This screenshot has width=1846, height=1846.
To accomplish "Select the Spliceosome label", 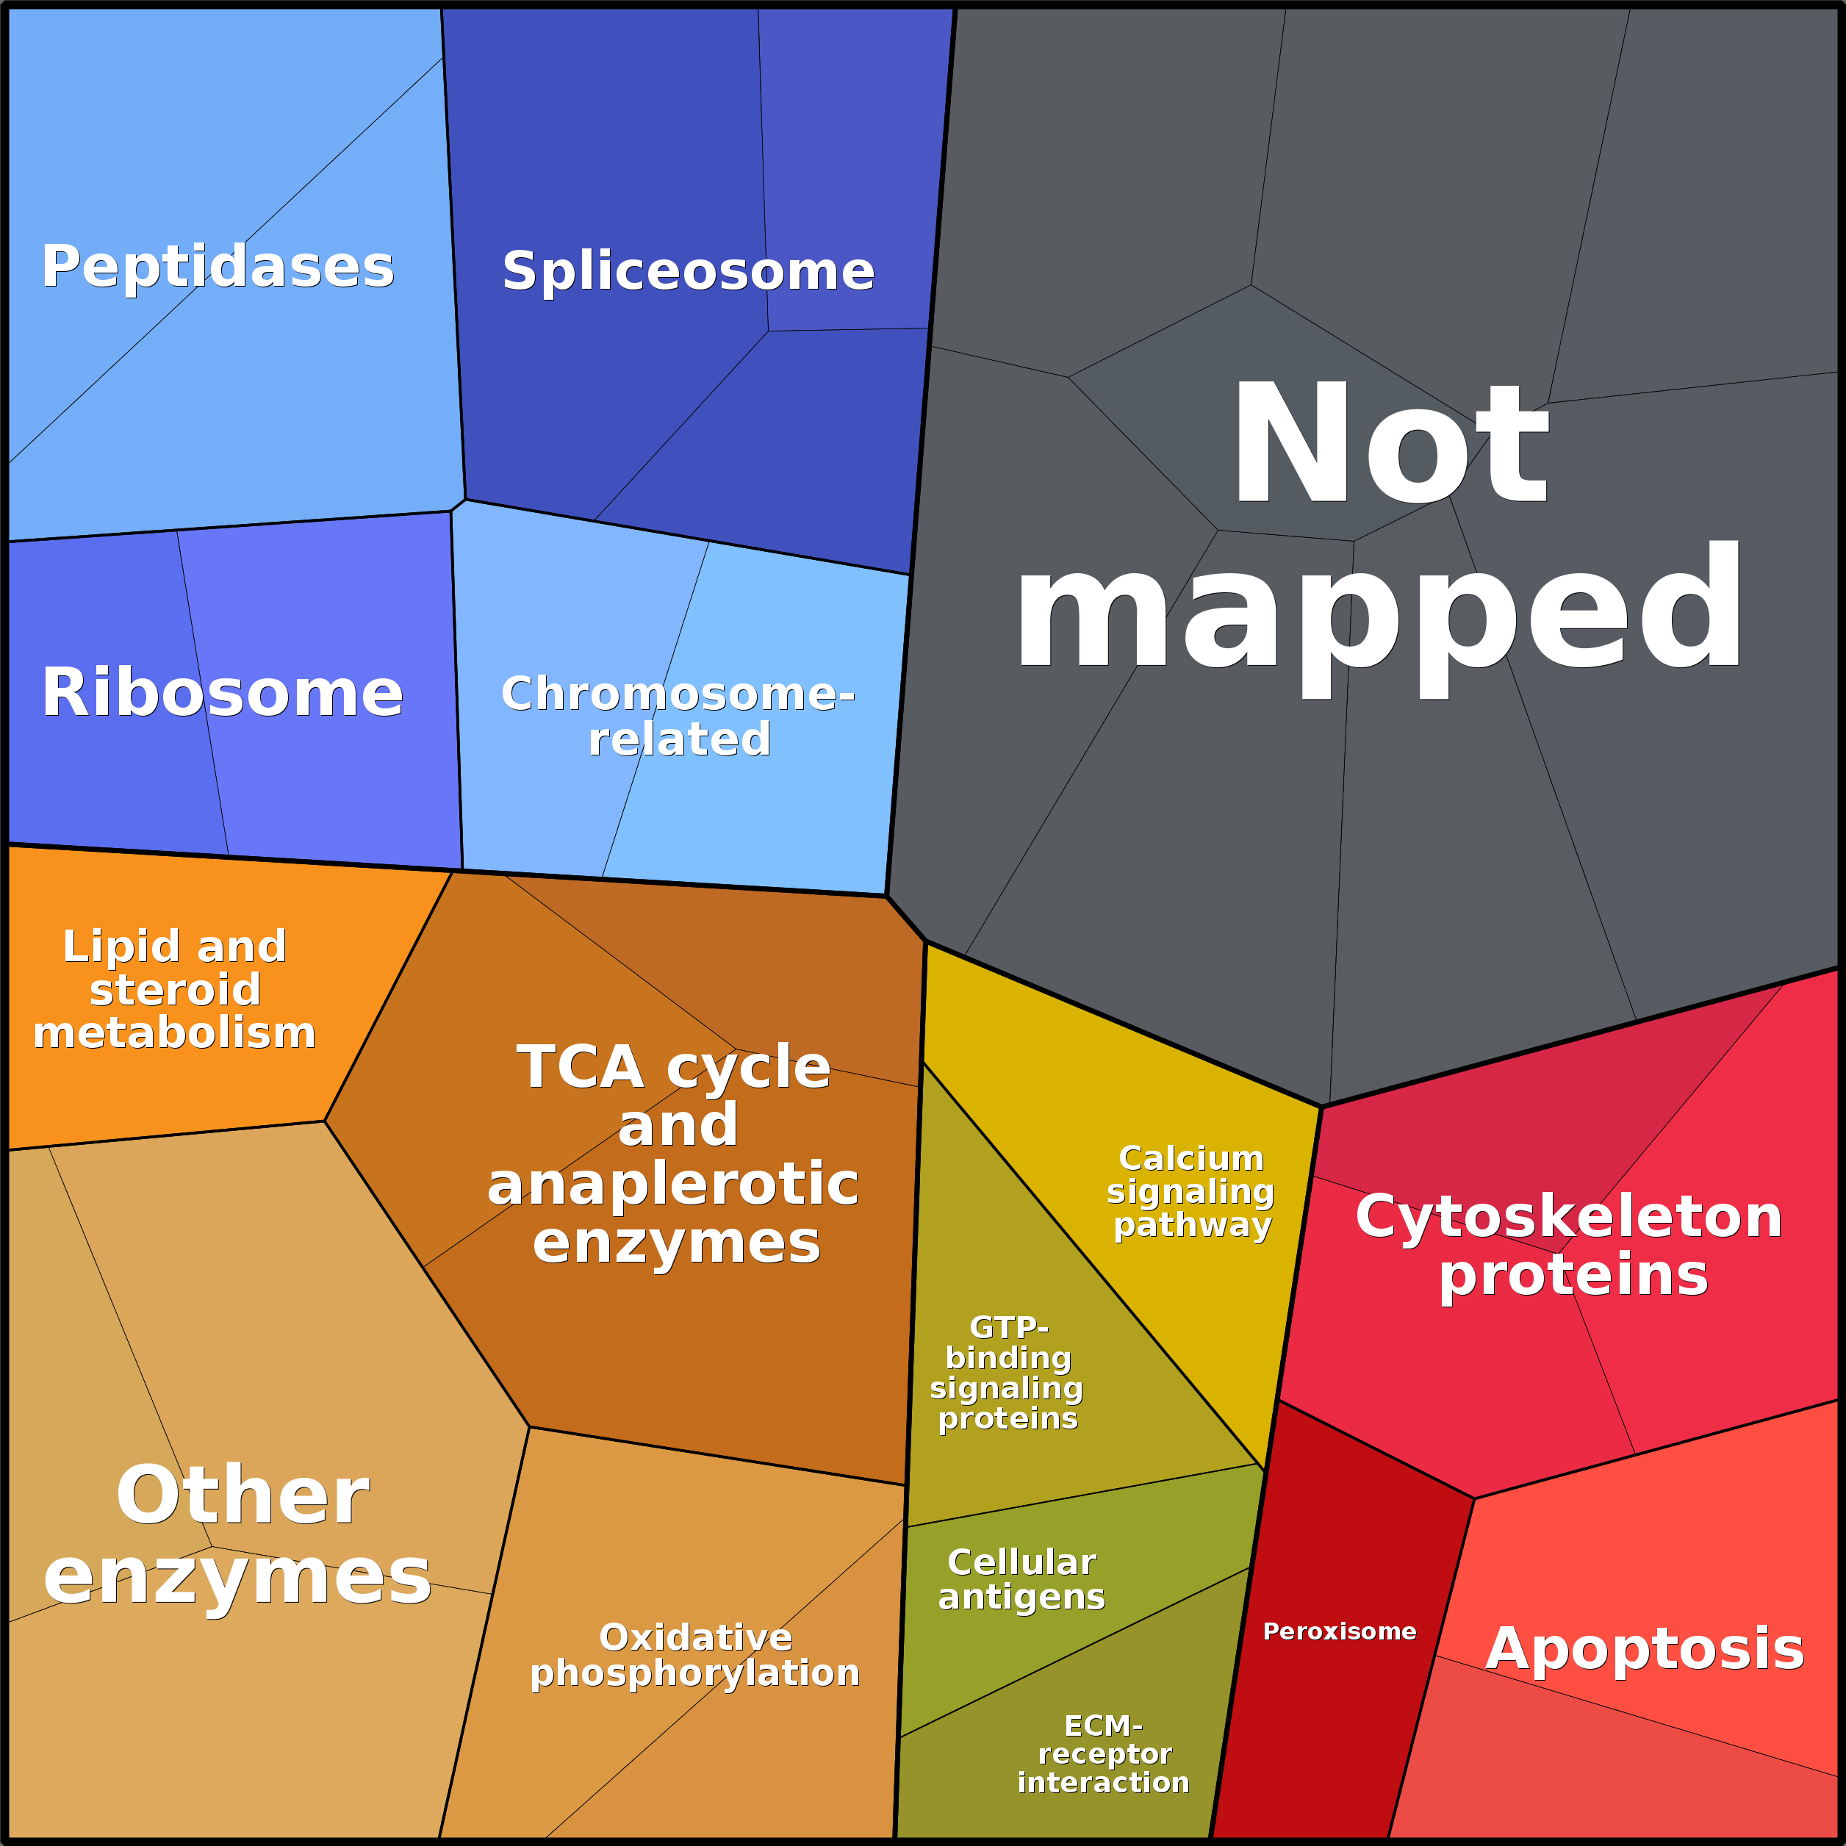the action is pos(688,271).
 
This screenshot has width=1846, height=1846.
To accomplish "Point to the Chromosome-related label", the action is pos(678,716).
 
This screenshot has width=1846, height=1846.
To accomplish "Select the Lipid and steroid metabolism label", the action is pos(175,989).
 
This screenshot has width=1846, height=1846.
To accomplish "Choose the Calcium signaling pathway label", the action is pos(1190,1191).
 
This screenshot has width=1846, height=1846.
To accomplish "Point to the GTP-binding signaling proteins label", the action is pos(1007,1373).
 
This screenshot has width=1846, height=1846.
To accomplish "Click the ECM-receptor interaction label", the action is pos(1104,1754).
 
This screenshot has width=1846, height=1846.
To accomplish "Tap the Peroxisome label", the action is pos(1340,1631).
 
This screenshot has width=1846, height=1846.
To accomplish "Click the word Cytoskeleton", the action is pos(1570,1216).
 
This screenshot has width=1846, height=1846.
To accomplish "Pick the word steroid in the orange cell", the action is pos(175,990).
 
